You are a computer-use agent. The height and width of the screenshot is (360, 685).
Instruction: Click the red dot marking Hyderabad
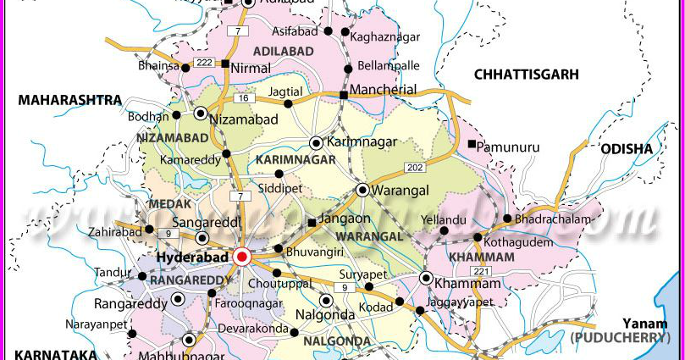click(242, 256)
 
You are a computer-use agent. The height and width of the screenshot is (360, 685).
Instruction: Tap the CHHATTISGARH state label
click(526, 75)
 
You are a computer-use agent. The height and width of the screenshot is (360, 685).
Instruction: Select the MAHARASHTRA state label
click(70, 100)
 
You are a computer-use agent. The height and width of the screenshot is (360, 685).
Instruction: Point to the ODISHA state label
click(627, 149)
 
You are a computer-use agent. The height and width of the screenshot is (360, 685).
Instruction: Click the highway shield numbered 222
click(204, 64)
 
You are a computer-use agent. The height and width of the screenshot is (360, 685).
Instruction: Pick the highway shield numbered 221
click(483, 271)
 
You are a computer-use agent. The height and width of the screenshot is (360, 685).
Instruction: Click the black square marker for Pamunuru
click(472, 144)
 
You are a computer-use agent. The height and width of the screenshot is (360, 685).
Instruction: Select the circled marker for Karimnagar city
click(316, 142)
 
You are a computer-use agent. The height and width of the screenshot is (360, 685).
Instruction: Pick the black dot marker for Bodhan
click(177, 115)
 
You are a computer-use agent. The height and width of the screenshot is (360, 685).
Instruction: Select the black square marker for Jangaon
click(312, 223)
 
